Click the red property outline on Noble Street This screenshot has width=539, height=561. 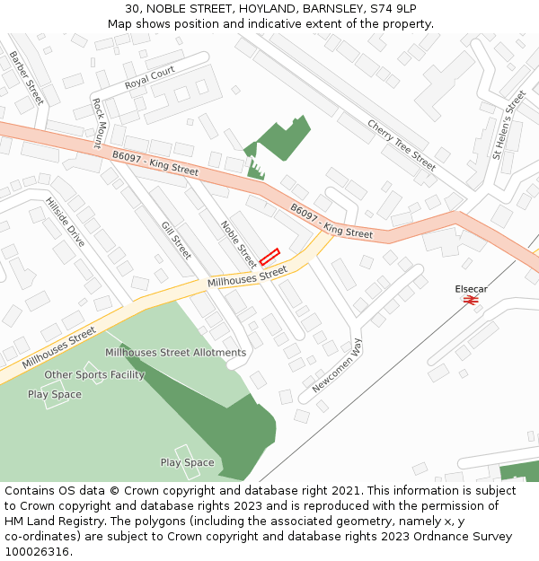pyautogui.click(x=269, y=256)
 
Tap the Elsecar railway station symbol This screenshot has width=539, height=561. pyautogui.click(x=470, y=300)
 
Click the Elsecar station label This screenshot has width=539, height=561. pyautogui.click(x=471, y=289)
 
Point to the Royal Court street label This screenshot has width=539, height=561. pyautogui.click(x=150, y=77)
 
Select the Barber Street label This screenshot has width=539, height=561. pyautogui.click(x=26, y=78)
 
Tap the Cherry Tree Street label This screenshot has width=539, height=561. pyautogui.click(x=402, y=145)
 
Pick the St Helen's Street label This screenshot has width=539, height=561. pyautogui.click(x=508, y=126)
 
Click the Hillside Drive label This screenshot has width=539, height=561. pyautogui.click(x=65, y=222)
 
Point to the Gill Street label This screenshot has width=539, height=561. pyautogui.click(x=176, y=240)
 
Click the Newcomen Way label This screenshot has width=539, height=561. pyautogui.click(x=337, y=365)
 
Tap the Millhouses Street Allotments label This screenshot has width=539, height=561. pyautogui.click(x=175, y=353)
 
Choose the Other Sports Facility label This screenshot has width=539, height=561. pyautogui.click(x=94, y=374)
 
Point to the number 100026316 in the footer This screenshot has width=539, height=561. pyautogui.click(x=38, y=552)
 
